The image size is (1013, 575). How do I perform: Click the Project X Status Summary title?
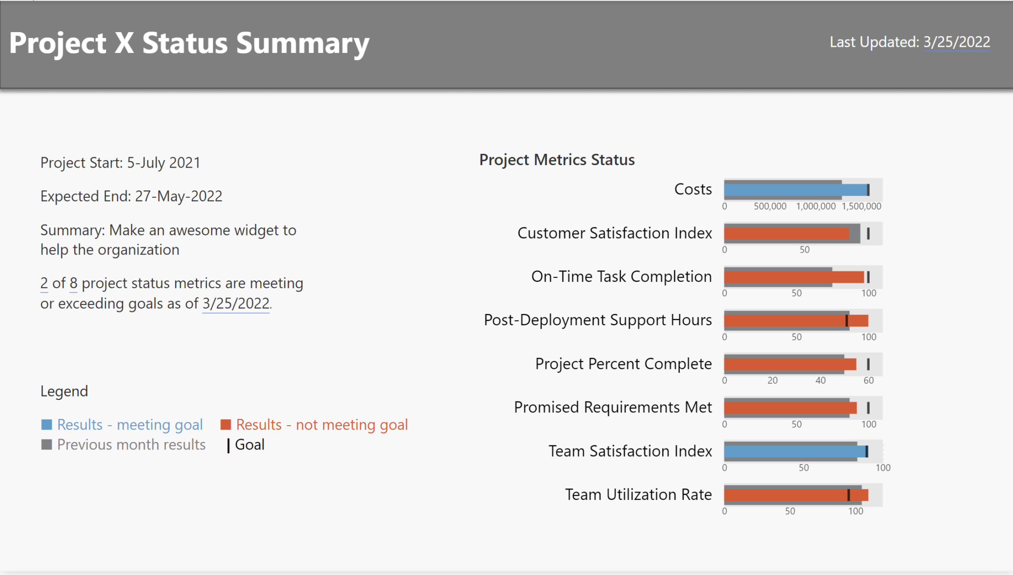pos(189,43)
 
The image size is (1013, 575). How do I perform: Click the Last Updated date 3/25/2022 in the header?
pos(956,42)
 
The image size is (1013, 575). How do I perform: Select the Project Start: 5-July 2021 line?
pos(120,163)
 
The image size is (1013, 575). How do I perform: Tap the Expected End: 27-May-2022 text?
pos(131,196)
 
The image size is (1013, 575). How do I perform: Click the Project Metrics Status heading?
pos(556,160)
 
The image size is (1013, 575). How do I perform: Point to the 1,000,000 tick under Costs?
pos(815,206)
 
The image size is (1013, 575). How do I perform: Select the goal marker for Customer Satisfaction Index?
pos(868,233)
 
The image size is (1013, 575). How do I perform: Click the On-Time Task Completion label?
pos(621,276)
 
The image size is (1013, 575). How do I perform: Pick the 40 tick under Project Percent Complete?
pos(820,380)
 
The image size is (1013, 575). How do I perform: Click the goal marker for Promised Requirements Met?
pos(868,408)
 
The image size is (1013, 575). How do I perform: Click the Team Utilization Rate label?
pos(638,494)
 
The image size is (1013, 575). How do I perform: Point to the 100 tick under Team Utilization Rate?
pos(855,511)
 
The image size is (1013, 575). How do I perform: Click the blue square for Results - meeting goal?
pos(46,425)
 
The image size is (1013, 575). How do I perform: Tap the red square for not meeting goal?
pos(226,425)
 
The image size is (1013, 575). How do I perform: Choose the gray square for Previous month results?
pos(46,444)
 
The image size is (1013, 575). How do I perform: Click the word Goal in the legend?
pos(249,444)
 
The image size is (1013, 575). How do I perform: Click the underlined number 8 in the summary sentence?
pos(73,283)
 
